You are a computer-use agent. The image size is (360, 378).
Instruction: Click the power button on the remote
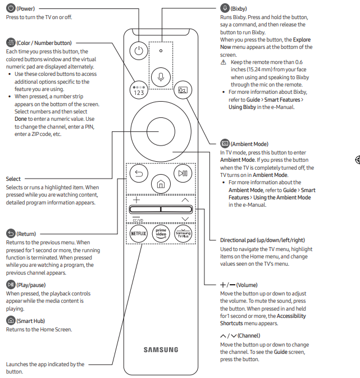(x=139, y=51)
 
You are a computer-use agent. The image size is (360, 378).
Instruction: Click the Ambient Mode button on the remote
(x=182, y=89)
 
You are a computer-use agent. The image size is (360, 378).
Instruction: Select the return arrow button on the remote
(x=139, y=174)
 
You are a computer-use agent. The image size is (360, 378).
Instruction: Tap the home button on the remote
(x=161, y=184)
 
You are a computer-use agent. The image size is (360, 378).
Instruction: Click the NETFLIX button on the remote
(x=138, y=233)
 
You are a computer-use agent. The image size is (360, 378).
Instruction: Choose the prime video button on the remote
(x=161, y=233)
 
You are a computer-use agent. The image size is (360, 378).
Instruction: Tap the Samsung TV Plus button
(x=183, y=233)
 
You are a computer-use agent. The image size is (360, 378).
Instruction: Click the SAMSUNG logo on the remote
(x=161, y=349)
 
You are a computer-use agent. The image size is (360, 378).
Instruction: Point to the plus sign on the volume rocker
(x=137, y=200)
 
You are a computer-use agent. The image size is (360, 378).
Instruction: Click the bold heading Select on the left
(x=13, y=179)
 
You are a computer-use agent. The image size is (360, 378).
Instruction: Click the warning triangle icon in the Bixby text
(x=224, y=62)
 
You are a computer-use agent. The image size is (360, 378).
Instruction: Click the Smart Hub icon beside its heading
(x=10, y=321)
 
